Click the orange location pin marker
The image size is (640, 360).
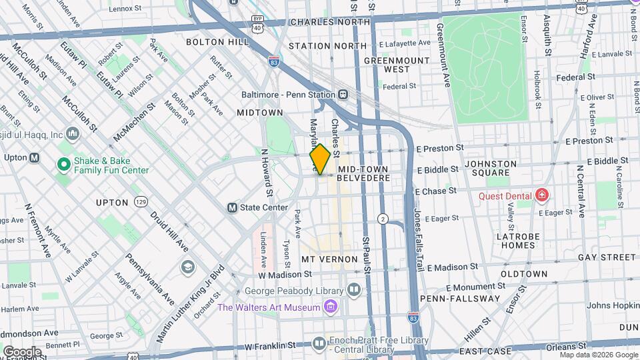click(320, 159)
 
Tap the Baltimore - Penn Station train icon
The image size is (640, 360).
click(343, 95)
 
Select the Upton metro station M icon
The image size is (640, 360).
click(35, 158)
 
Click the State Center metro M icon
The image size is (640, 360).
click(233, 207)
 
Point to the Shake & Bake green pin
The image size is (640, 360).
click(64, 163)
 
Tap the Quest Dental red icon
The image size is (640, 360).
click(542, 195)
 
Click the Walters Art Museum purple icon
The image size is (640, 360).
click(329, 307)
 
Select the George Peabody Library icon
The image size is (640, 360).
click(353, 290)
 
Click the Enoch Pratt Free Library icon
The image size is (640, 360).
click(319, 343)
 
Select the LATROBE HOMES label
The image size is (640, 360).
click(515, 241)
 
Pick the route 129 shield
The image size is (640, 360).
click(141, 201)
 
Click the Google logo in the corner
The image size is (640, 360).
click(22, 351)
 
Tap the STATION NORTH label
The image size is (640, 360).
click(327, 46)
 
